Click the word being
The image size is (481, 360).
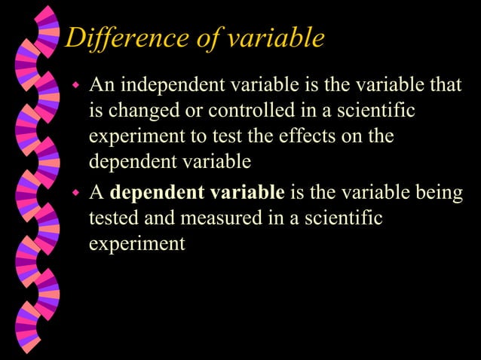click(x=437, y=192)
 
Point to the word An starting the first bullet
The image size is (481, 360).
click(x=100, y=84)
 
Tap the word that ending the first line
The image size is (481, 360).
click(x=444, y=84)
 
